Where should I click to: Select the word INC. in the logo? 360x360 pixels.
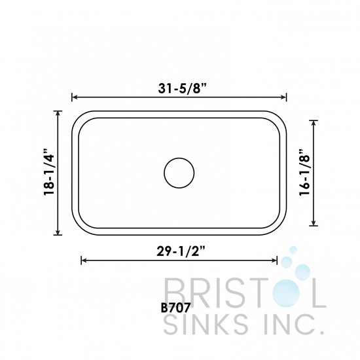click(289, 321)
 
